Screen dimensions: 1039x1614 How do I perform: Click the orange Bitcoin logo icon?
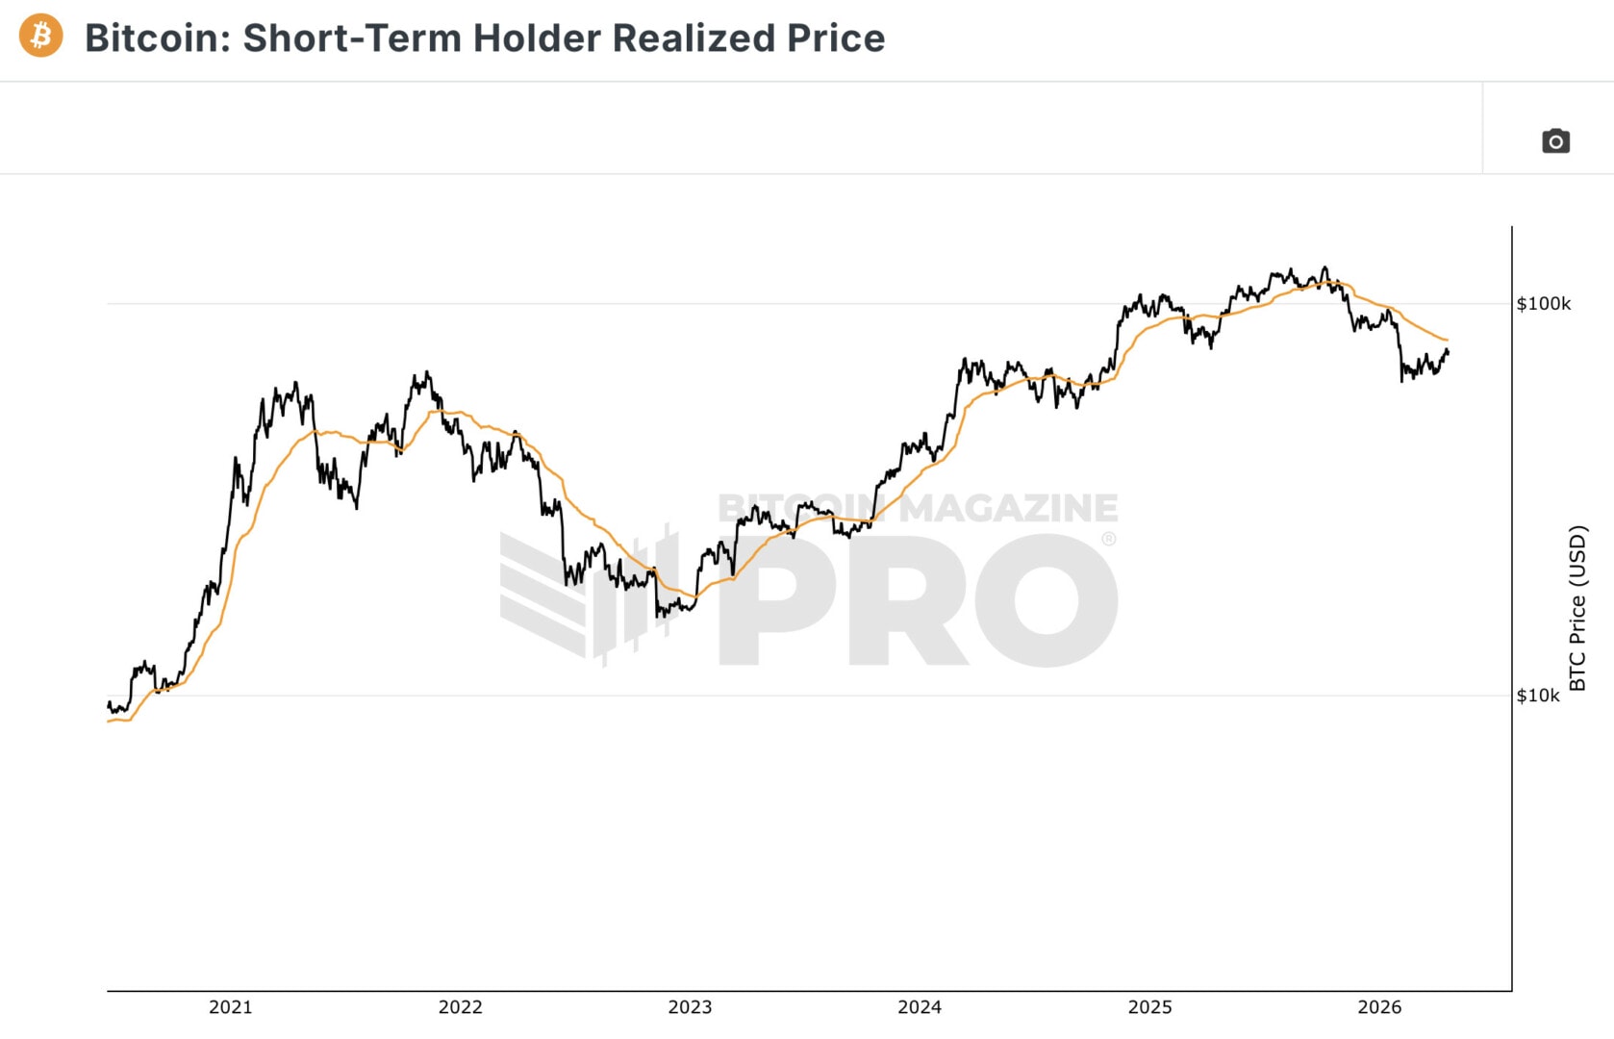click(40, 37)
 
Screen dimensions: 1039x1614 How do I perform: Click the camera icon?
click(1555, 141)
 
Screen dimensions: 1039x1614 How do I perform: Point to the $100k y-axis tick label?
click(1543, 304)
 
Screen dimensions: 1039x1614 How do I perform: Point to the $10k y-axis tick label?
click(1537, 696)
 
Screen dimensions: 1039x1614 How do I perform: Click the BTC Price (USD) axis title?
click(1577, 608)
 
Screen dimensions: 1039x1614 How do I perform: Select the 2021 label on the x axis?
click(230, 1007)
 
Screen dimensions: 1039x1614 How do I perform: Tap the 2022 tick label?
click(460, 1007)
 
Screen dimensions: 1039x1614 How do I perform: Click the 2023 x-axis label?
click(690, 1007)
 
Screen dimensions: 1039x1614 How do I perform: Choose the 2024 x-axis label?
click(920, 1007)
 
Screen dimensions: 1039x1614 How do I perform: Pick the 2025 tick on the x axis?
click(1149, 1007)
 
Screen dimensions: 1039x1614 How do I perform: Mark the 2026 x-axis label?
click(1379, 1007)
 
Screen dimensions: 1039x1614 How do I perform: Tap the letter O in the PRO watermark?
click(1047, 601)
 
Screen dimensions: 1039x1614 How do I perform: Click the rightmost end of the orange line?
click(1448, 341)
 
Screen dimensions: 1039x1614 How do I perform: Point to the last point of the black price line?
click(1448, 352)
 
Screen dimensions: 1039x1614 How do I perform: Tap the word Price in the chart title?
click(835, 38)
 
